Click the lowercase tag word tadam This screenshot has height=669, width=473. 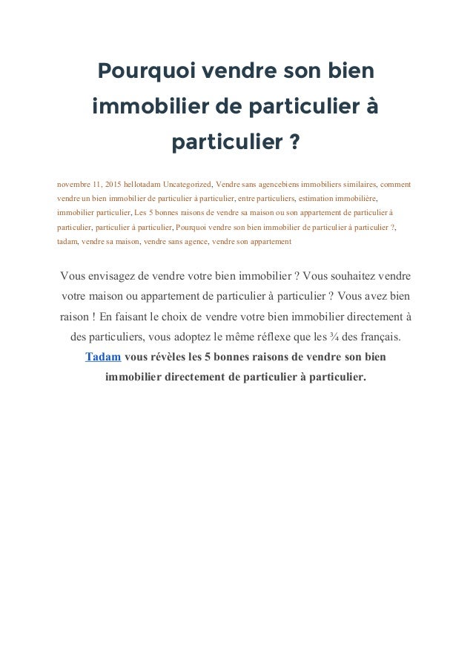[x=67, y=241]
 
